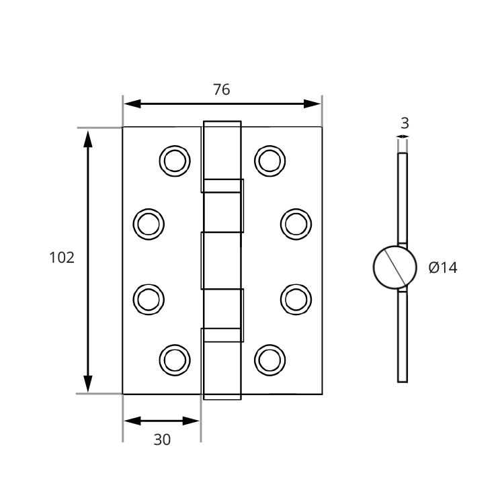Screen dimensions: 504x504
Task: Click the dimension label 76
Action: tap(221, 89)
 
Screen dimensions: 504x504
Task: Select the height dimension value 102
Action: tap(62, 257)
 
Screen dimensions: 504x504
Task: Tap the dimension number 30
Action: tap(162, 439)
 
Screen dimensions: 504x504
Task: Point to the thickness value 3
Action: tap(404, 123)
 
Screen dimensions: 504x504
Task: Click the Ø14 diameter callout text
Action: tap(442, 267)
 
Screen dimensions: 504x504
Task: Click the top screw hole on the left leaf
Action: tap(175, 161)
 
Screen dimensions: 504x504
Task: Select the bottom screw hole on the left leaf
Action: tap(175, 360)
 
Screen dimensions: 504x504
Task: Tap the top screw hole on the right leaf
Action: tap(270, 161)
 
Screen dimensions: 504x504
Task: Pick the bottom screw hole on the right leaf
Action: tap(270, 360)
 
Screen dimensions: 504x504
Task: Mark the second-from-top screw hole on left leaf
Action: tap(149, 223)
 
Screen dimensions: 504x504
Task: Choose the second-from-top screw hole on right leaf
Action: tap(296, 223)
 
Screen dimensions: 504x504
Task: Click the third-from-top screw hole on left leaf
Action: tap(149, 298)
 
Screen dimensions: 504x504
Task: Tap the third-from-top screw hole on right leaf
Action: tap(296, 298)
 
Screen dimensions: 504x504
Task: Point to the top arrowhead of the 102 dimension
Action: tap(87, 138)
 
